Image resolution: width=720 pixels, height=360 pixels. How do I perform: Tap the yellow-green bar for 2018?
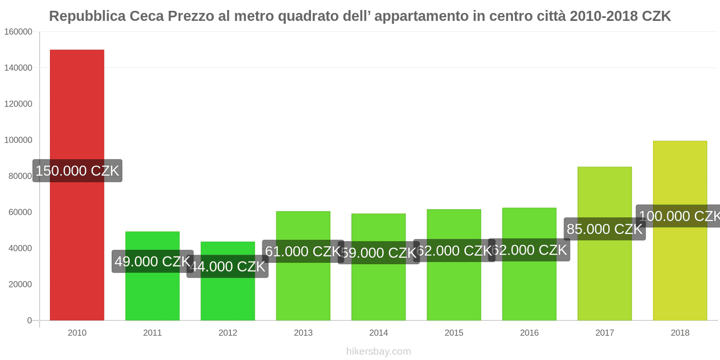click(680, 270)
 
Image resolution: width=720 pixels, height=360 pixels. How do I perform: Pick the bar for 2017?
click(604, 279)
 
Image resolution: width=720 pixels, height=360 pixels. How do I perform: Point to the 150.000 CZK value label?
click(77, 171)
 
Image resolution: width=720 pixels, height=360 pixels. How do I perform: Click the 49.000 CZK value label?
click(153, 261)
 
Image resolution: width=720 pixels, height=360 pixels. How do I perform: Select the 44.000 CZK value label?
click(228, 266)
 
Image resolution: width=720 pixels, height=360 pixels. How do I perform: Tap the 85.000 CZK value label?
click(604, 229)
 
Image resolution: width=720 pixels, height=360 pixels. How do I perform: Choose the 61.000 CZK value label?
click(303, 251)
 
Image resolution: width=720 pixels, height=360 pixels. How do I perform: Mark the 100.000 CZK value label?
click(679, 216)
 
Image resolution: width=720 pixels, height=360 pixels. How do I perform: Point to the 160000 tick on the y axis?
click(18, 32)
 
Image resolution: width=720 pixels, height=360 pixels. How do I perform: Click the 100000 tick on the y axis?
click(18, 140)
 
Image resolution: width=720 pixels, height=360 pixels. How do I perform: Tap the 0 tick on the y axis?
click(30, 320)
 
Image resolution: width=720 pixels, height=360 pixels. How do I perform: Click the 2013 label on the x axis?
click(303, 333)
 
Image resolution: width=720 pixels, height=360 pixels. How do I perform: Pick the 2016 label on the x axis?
click(529, 333)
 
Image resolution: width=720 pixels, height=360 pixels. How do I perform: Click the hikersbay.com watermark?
click(378, 351)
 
